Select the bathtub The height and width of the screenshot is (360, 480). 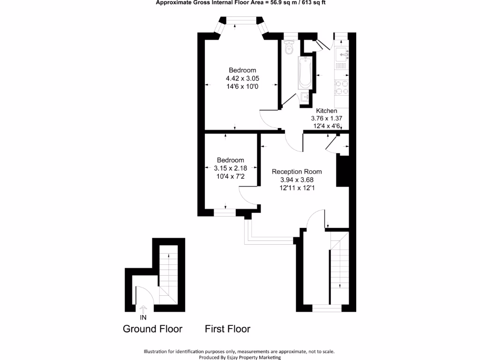305,73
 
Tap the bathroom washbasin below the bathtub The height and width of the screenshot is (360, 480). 305,97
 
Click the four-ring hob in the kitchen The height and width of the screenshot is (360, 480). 340,87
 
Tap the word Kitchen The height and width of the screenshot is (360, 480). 326,111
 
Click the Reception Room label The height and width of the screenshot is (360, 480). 297,172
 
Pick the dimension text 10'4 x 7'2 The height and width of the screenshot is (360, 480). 229,176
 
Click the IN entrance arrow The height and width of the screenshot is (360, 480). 143,309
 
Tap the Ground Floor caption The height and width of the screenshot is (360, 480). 152,329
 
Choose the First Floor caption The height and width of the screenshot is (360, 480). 227,329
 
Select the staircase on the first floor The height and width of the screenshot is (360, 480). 339,265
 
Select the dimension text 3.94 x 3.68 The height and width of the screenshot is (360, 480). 297,180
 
